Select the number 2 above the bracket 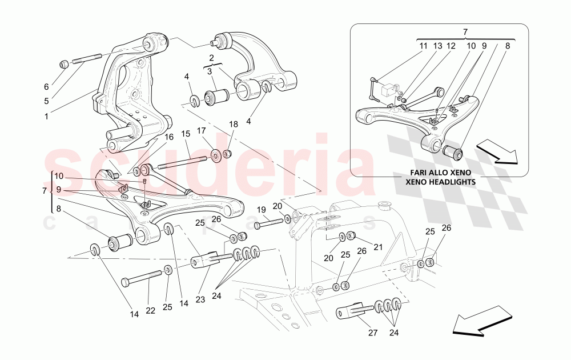(x=211, y=58)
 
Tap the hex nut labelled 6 (x=65, y=63)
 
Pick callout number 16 (x=168, y=137)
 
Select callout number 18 (x=233, y=124)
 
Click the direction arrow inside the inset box (x=496, y=153)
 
